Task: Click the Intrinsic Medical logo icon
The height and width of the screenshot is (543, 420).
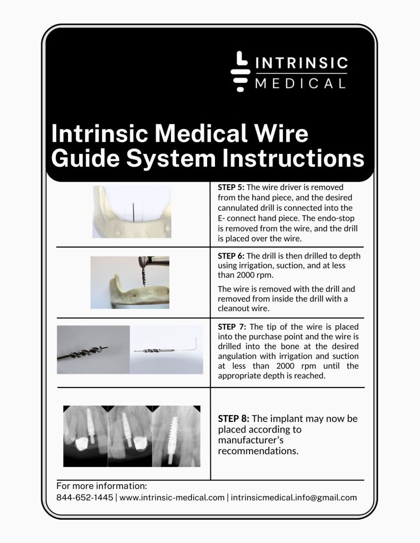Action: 240,71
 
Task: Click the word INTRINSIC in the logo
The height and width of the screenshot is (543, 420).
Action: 302,63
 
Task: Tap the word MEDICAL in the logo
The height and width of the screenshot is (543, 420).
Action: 300,83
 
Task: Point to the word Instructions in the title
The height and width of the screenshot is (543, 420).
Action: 293,158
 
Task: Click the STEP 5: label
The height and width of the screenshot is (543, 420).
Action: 231,187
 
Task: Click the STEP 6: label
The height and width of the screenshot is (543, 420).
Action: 231,256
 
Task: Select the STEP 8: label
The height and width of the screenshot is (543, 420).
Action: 234,419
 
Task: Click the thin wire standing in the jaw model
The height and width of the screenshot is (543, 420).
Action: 133,212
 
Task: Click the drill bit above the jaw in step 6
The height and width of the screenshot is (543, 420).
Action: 143,276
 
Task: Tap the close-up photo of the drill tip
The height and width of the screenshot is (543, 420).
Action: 93,350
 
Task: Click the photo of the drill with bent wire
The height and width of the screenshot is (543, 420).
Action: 167,350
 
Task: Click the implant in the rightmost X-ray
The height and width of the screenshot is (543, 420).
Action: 172,440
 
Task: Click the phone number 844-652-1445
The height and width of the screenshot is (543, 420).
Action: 84,498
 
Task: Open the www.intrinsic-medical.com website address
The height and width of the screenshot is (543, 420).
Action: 172,498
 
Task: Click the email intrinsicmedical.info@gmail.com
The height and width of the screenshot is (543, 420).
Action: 294,498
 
